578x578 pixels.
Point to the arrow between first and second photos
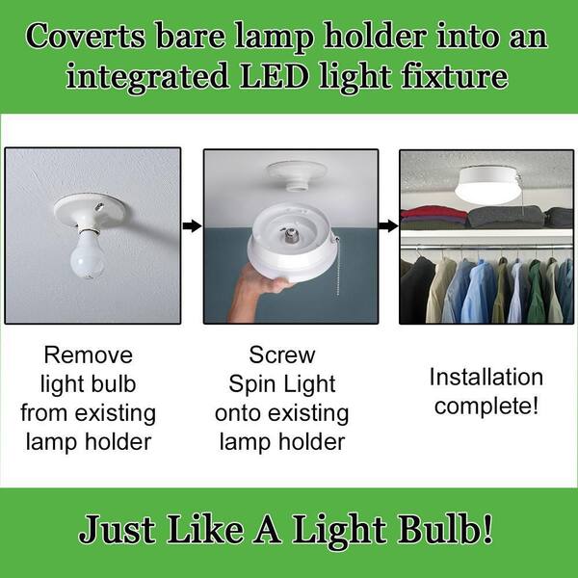coord(192,226)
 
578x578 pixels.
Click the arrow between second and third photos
coord(388,226)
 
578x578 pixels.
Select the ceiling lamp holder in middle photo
coord(288,171)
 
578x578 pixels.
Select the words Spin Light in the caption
coord(282,383)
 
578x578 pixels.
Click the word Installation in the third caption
coord(486,377)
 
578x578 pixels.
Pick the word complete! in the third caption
coord(486,406)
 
